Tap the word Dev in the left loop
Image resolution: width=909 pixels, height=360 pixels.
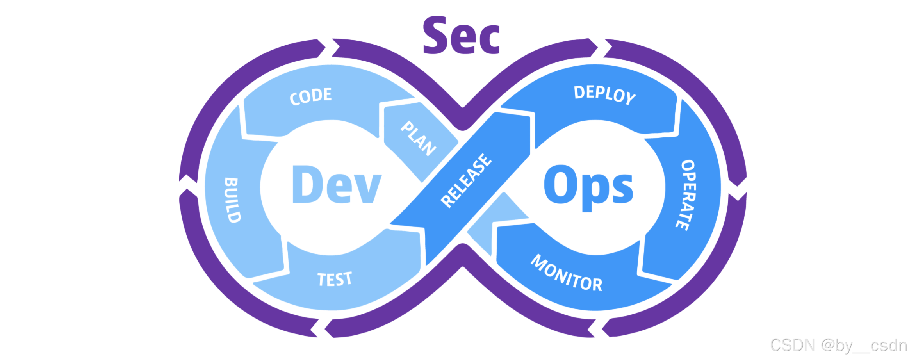coord(337,184)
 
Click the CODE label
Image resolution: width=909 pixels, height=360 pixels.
coord(311,96)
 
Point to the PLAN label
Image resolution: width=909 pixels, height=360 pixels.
coord(418,138)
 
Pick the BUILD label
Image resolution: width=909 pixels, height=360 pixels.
coord(232,200)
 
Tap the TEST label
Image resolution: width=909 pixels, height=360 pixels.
coord(335,279)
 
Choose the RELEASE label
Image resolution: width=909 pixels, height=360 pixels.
coord(466,180)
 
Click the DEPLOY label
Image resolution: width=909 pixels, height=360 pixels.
coord(604,95)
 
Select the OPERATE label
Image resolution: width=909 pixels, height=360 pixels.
coord(687,194)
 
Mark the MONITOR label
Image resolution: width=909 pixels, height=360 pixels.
coord(567,273)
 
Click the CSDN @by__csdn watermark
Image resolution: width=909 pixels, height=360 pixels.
coord(838,345)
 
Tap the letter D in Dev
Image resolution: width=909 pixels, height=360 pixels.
coord(307,184)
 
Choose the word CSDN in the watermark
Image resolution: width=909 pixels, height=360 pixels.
coord(793,345)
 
